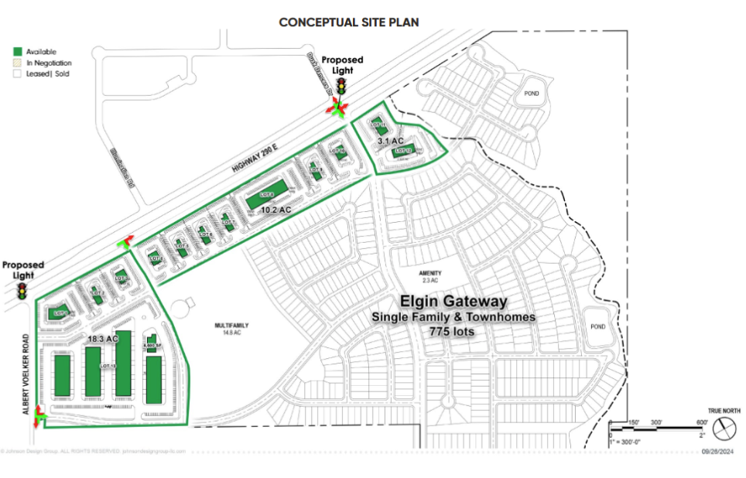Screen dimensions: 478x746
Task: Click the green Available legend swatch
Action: click(17, 51)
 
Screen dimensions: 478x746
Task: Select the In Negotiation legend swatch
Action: click(17, 63)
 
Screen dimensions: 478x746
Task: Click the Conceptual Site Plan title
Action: click(349, 22)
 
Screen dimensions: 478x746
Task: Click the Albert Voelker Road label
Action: click(26, 374)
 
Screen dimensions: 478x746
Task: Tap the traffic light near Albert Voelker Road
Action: click(22, 292)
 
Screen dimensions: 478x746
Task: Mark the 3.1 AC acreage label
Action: click(391, 142)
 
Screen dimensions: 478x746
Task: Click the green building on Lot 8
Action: click(265, 196)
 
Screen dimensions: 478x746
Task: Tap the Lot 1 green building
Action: click(60, 313)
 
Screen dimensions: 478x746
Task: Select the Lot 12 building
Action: click(401, 152)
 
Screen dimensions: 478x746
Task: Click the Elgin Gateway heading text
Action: click(453, 301)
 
